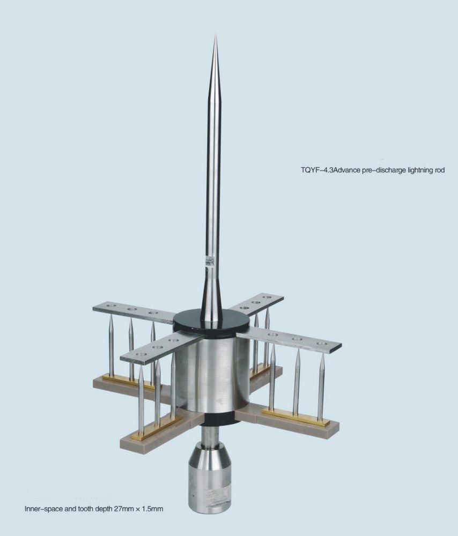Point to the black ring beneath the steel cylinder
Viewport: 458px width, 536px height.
point(212,419)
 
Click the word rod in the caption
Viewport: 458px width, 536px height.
point(440,170)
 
